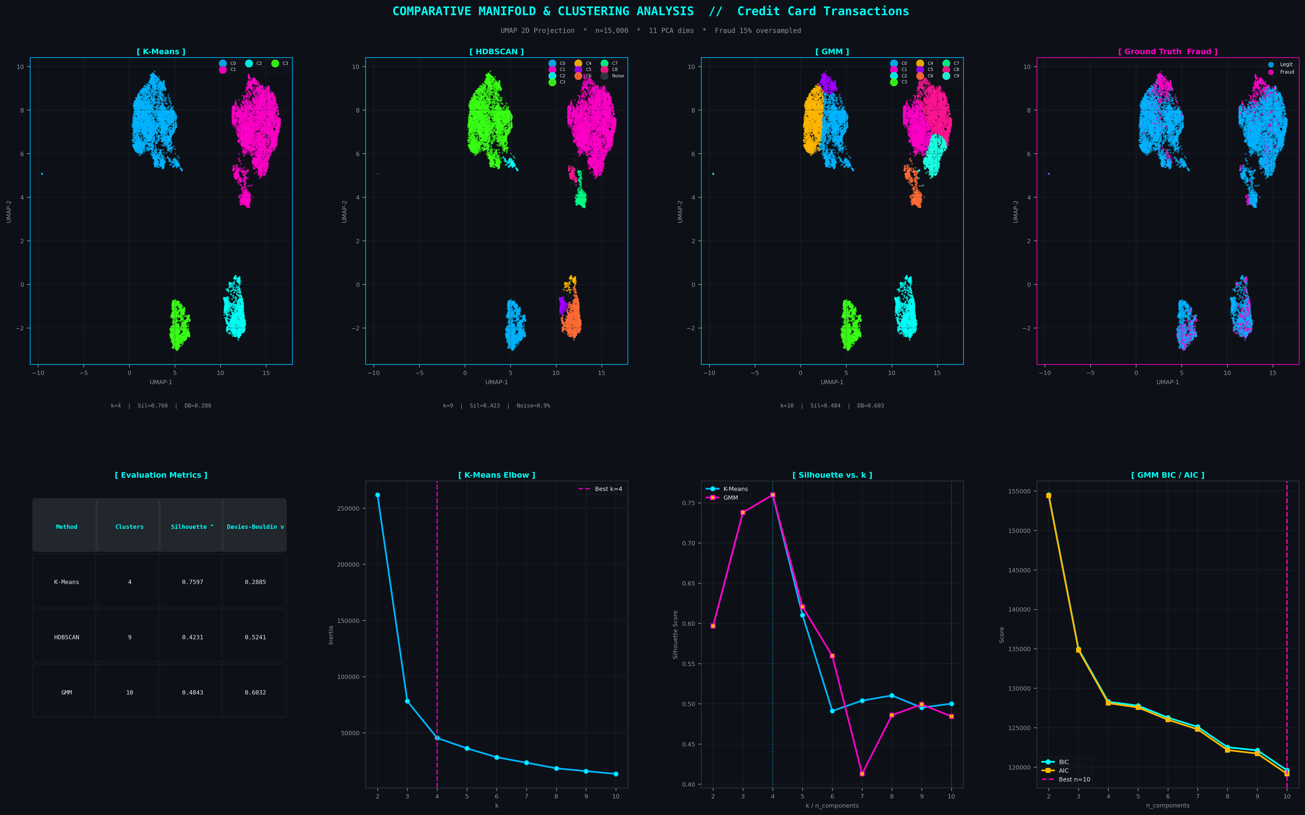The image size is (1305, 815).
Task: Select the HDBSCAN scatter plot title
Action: point(496,52)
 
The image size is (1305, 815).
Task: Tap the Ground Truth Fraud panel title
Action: point(1168,52)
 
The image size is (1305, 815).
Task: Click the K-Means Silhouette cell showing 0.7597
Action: point(192,582)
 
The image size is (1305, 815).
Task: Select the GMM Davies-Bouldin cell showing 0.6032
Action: point(255,693)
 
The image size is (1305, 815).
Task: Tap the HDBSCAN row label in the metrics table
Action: point(66,637)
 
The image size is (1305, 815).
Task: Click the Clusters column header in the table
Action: point(129,527)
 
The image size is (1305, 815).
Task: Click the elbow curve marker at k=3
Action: point(407,701)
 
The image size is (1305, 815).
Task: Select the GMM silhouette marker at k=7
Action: point(862,773)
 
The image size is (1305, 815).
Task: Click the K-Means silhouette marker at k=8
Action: point(892,695)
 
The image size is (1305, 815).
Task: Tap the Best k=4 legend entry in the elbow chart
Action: point(602,489)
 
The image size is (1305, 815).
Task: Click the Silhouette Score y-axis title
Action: point(675,634)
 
